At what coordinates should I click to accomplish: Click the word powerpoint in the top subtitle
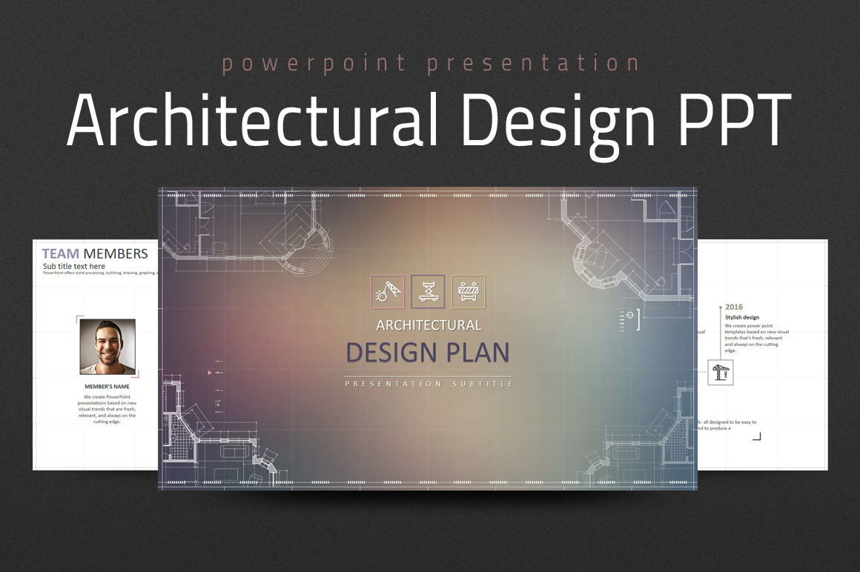click(314, 64)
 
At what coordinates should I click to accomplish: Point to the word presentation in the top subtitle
click(533, 64)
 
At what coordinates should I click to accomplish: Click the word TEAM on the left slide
click(61, 254)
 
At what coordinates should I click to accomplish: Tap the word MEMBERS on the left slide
click(116, 254)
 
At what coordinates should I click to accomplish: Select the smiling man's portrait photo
click(107, 347)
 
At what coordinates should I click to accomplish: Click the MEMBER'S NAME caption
click(107, 386)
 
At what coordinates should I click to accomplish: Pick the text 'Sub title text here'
click(74, 266)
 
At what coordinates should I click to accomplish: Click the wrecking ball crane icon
click(387, 291)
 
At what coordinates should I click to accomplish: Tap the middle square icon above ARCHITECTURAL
click(428, 291)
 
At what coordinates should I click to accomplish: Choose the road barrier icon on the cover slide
click(469, 291)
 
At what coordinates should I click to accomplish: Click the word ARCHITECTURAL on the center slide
click(429, 325)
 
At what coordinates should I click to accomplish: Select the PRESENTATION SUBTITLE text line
click(429, 384)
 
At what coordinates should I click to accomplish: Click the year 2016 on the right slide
click(734, 307)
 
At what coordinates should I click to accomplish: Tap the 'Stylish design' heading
click(742, 318)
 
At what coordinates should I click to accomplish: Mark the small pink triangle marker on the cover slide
click(210, 373)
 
